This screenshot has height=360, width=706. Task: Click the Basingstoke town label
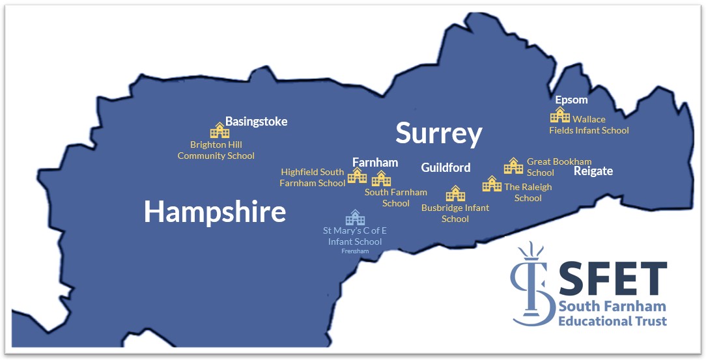(256, 122)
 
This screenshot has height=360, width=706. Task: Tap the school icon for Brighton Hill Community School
(219, 130)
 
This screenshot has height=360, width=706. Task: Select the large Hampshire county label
(215, 212)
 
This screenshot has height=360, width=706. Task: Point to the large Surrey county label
(438, 133)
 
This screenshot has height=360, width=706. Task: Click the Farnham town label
(375, 162)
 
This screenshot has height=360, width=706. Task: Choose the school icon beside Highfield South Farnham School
(357, 175)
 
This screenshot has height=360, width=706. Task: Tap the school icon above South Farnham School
(381, 178)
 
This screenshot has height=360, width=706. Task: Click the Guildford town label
(445, 168)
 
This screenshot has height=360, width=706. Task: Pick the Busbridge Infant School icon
(455, 193)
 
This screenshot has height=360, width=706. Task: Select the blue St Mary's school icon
(355, 217)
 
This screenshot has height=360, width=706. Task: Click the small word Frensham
(355, 251)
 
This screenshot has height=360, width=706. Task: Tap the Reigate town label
(593, 171)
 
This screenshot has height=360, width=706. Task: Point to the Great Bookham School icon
(513, 166)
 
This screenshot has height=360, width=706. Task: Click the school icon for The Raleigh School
(492, 184)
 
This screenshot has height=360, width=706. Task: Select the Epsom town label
(571, 100)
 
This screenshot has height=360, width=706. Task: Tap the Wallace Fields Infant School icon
(560, 115)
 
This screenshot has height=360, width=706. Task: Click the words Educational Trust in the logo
(613, 321)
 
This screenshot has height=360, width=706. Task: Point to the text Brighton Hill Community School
(216, 150)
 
